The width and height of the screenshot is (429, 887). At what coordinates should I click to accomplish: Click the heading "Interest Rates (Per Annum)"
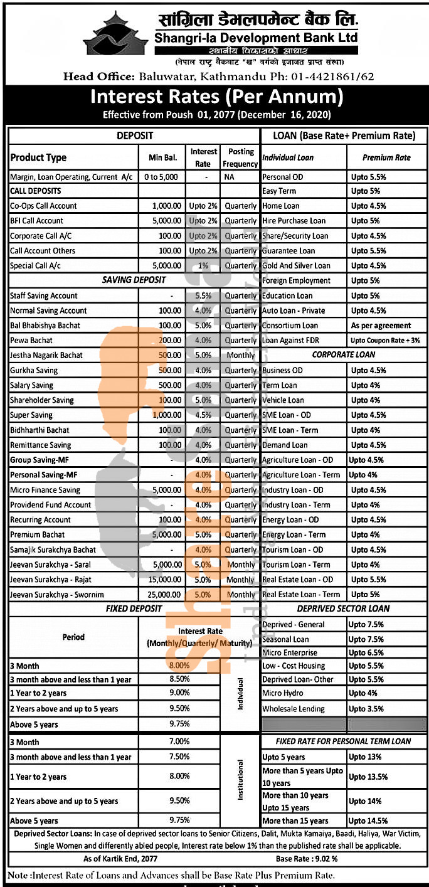point(217,97)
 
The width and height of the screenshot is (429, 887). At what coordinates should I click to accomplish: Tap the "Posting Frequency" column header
point(241,157)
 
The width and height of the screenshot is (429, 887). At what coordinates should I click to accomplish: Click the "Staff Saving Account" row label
point(44,295)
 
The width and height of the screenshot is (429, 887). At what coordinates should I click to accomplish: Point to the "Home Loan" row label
point(281,206)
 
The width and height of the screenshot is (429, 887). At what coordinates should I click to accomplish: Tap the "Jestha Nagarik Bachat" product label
point(46,355)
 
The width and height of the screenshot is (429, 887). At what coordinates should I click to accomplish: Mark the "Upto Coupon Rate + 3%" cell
point(385,340)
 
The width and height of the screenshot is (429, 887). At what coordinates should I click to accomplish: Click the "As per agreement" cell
point(381,326)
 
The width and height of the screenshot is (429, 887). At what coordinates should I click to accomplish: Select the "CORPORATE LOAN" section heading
point(344,354)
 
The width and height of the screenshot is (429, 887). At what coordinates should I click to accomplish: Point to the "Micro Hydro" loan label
point(282,693)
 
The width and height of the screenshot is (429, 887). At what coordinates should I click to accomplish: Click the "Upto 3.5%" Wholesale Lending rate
point(368,709)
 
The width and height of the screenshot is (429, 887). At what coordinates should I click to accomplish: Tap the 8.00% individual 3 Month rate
point(179,666)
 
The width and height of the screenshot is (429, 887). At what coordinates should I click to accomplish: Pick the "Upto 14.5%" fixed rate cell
point(369,821)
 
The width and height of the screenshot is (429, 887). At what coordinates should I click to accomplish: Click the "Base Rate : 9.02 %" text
point(307,857)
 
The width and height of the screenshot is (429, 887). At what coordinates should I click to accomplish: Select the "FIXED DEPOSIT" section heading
point(134,608)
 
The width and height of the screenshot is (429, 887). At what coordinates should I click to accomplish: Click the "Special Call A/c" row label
point(35,265)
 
